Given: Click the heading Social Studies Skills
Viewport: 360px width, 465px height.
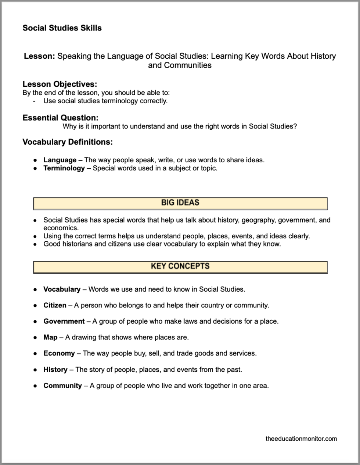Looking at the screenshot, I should coord(62,28).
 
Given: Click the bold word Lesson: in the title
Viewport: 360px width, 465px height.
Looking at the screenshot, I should coord(39,56).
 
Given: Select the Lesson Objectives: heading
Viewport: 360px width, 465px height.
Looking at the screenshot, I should coord(60,84).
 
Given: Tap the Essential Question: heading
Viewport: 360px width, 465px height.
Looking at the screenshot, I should coord(60,118).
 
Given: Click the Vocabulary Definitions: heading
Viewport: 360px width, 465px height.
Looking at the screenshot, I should coord(68,142).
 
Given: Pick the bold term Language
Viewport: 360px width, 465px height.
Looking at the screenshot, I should coord(60,160).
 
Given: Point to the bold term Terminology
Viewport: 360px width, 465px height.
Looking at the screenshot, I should coord(64,168).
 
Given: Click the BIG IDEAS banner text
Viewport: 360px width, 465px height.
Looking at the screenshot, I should coord(180,202).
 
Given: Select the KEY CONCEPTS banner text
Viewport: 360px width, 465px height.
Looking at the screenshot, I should coord(180,266).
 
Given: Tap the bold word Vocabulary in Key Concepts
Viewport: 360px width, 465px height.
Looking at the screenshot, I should coord(62,289).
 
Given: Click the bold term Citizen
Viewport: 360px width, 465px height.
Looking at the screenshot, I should coord(55,305).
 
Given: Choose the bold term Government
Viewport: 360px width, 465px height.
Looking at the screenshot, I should coord(64,321).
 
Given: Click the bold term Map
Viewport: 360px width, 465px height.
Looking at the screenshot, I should coord(50,337).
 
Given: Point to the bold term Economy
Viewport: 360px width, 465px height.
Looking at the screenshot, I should coord(59,353).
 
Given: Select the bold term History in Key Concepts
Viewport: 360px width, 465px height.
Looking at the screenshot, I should coord(55,370).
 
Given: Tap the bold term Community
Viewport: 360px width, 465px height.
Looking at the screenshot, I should coord(62,386).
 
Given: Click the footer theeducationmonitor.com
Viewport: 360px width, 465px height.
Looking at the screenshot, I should coord(301,439).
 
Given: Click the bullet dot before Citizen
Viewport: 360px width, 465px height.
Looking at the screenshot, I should coord(35,306).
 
